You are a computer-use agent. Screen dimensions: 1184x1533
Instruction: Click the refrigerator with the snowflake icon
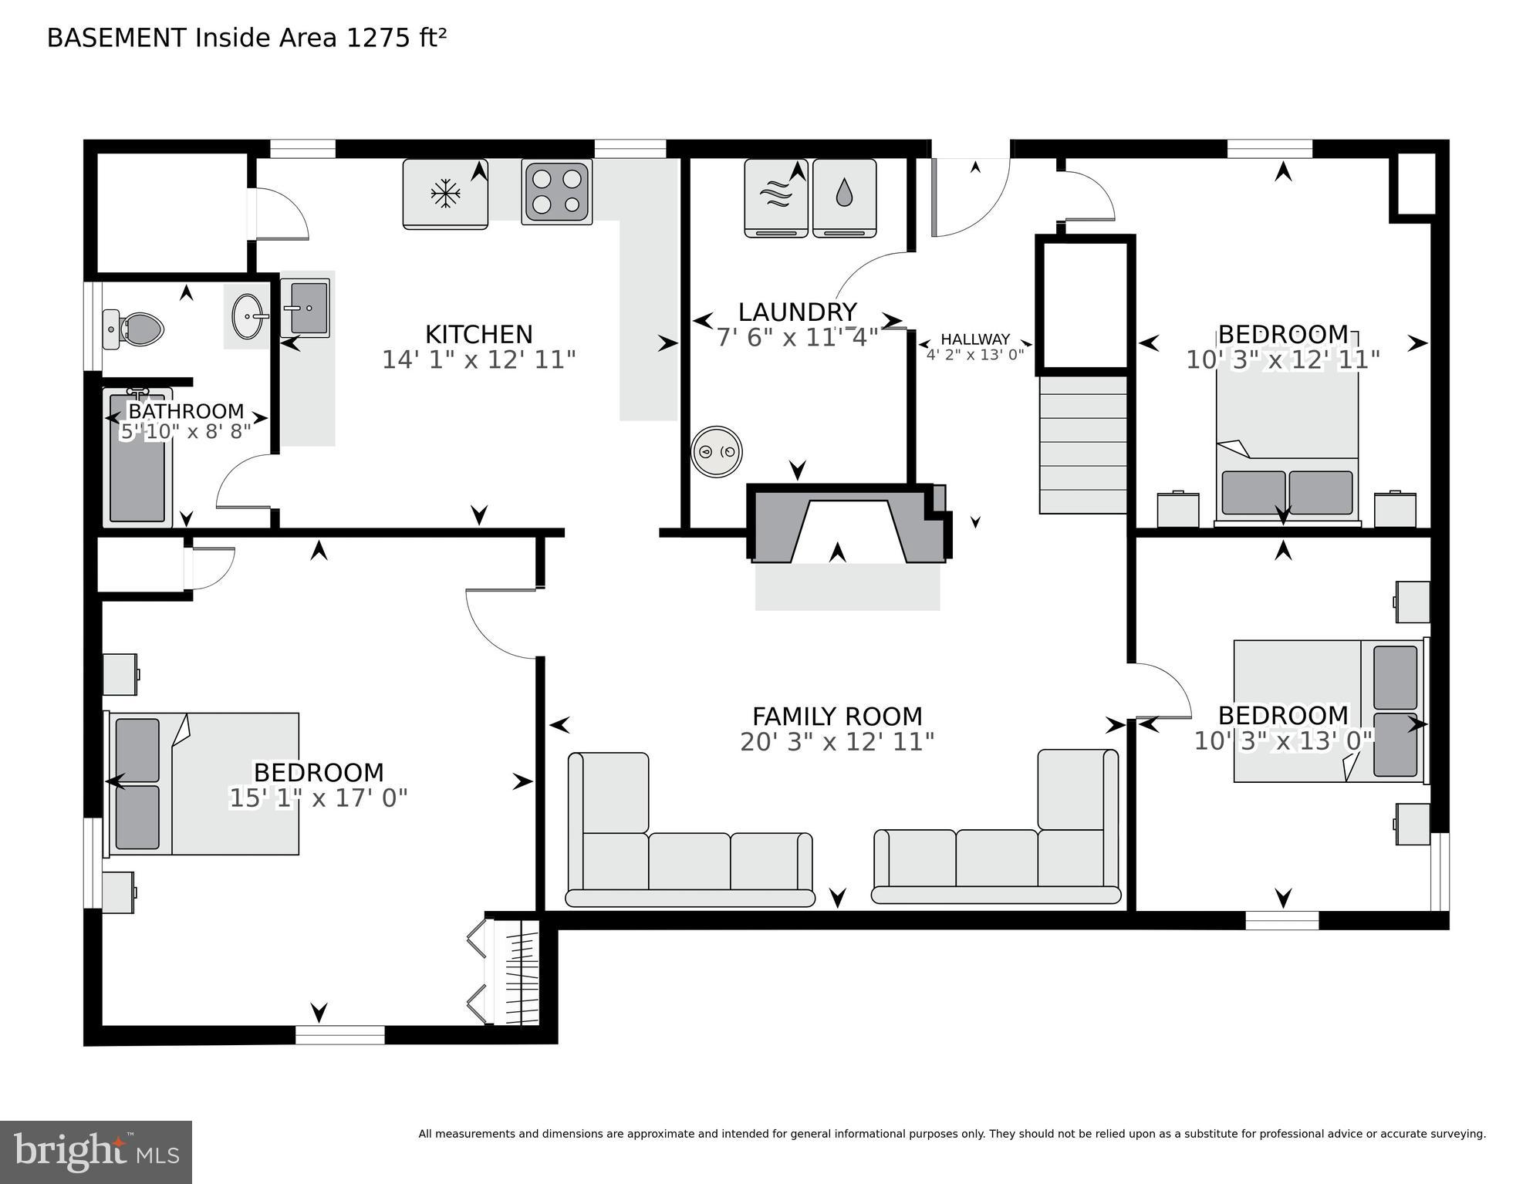(445, 194)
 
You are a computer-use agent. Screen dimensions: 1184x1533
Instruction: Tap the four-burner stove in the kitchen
(556, 192)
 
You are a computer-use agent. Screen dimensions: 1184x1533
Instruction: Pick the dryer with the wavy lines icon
(775, 197)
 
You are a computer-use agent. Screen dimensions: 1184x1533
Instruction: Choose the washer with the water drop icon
(844, 197)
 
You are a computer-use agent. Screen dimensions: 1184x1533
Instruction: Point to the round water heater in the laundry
(716, 451)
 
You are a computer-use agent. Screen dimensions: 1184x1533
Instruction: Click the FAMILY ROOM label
(837, 717)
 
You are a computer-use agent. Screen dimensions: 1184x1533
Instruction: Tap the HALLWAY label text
(974, 339)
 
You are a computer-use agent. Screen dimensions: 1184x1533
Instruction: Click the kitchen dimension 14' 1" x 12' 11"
(478, 359)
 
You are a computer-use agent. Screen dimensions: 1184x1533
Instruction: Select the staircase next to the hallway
(1082, 444)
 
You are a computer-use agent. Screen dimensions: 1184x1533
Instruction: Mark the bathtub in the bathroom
(137, 458)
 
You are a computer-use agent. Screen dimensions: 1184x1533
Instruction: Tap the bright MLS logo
(96, 1152)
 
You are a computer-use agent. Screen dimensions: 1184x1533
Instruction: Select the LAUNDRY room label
(797, 312)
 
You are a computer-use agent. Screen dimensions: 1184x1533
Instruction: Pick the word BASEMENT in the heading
(116, 38)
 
